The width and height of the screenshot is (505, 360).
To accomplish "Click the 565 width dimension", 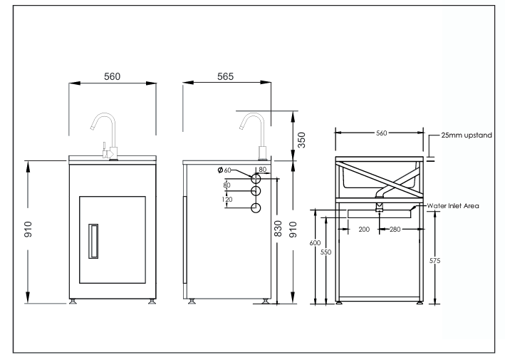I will tap(227, 76).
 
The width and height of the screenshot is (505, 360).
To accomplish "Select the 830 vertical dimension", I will tap(278, 229).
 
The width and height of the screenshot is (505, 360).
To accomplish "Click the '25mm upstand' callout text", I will tap(467, 134).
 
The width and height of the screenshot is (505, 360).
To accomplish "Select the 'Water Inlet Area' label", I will tap(452, 206).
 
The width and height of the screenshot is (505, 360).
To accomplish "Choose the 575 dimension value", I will tap(436, 261).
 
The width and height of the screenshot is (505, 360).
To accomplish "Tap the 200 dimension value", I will tap(364, 230).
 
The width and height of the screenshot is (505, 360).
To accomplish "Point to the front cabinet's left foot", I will tap(73, 302).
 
